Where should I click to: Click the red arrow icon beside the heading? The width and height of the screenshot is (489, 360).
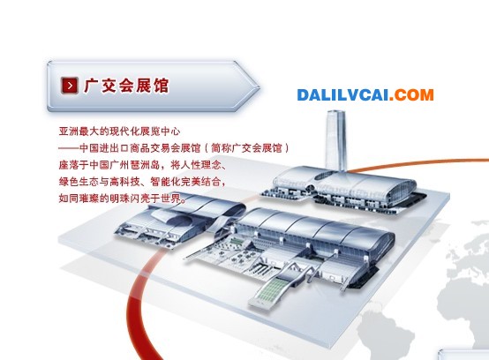coord(69,85)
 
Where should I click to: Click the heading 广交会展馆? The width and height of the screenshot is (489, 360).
coord(126,85)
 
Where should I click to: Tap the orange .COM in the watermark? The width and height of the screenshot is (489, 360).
coord(411,94)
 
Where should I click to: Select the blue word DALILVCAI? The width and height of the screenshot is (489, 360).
coord(342,94)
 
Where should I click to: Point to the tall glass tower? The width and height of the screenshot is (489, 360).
coord(336,140)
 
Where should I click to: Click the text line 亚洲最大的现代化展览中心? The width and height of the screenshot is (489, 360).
coord(119,131)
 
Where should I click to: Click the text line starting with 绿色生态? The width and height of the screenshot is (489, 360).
coord(142,182)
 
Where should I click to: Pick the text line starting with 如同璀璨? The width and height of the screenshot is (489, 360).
coord(123,199)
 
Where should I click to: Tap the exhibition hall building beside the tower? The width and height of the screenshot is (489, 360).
coord(344,190)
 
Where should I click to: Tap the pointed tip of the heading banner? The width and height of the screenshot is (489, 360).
coord(259,86)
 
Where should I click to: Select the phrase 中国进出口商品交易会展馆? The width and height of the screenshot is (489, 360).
coord(140,147)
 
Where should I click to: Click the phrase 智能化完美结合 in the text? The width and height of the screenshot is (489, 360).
coord(187,182)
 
